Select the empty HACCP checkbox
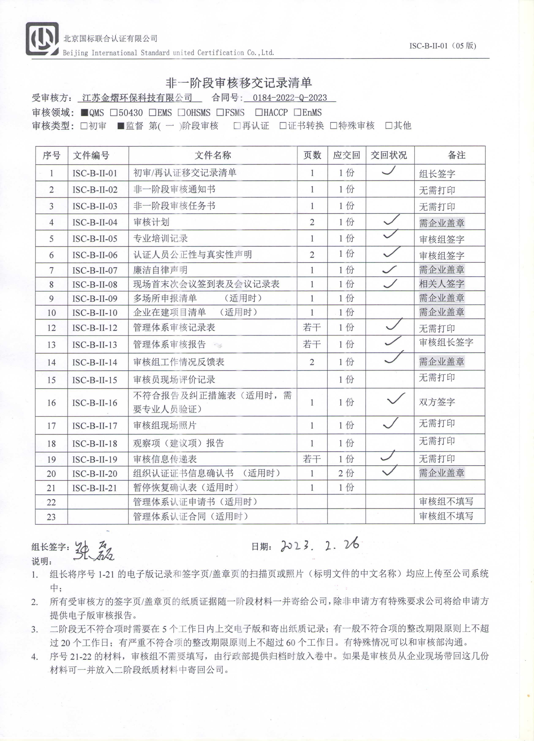coord(259,113)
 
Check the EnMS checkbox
coord(297,113)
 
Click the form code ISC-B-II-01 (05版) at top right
coord(443,46)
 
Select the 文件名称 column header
coord(213,155)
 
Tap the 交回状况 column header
coord(389,155)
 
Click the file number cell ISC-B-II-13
coord(95,345)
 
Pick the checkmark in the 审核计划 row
coord(391,220)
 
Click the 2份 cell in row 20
coord(346,473)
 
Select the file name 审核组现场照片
coord(165,425)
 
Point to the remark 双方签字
coord(437,402)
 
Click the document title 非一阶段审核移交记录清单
coord(239,83)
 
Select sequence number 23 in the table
coord(51,517)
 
